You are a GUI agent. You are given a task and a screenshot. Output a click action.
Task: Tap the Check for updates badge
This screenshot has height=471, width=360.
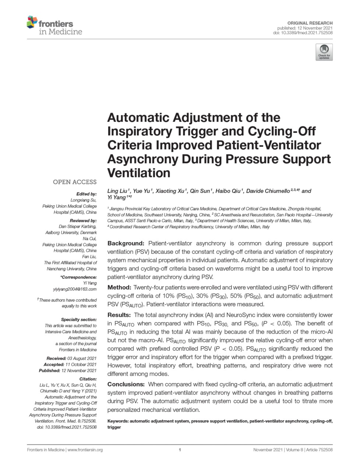324,52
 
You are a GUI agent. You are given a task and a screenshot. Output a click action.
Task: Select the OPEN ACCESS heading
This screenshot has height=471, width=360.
75,182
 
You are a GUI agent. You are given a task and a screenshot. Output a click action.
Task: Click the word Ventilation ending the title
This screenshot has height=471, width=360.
139,173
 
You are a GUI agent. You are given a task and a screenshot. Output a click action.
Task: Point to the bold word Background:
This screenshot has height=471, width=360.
126,243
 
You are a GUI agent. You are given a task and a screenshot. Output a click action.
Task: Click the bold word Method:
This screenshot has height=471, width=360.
119,287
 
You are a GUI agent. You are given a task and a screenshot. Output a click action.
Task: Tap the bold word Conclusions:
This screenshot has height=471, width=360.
126,384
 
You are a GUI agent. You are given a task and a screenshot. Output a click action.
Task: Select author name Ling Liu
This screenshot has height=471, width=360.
117,191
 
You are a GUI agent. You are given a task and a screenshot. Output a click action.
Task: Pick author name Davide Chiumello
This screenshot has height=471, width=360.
268,191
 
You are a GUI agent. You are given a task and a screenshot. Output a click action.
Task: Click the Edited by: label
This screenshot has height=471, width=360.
86,194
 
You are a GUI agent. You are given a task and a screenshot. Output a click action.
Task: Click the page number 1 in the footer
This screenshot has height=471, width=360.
180,450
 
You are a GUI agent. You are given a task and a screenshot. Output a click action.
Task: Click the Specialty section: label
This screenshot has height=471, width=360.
79,319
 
